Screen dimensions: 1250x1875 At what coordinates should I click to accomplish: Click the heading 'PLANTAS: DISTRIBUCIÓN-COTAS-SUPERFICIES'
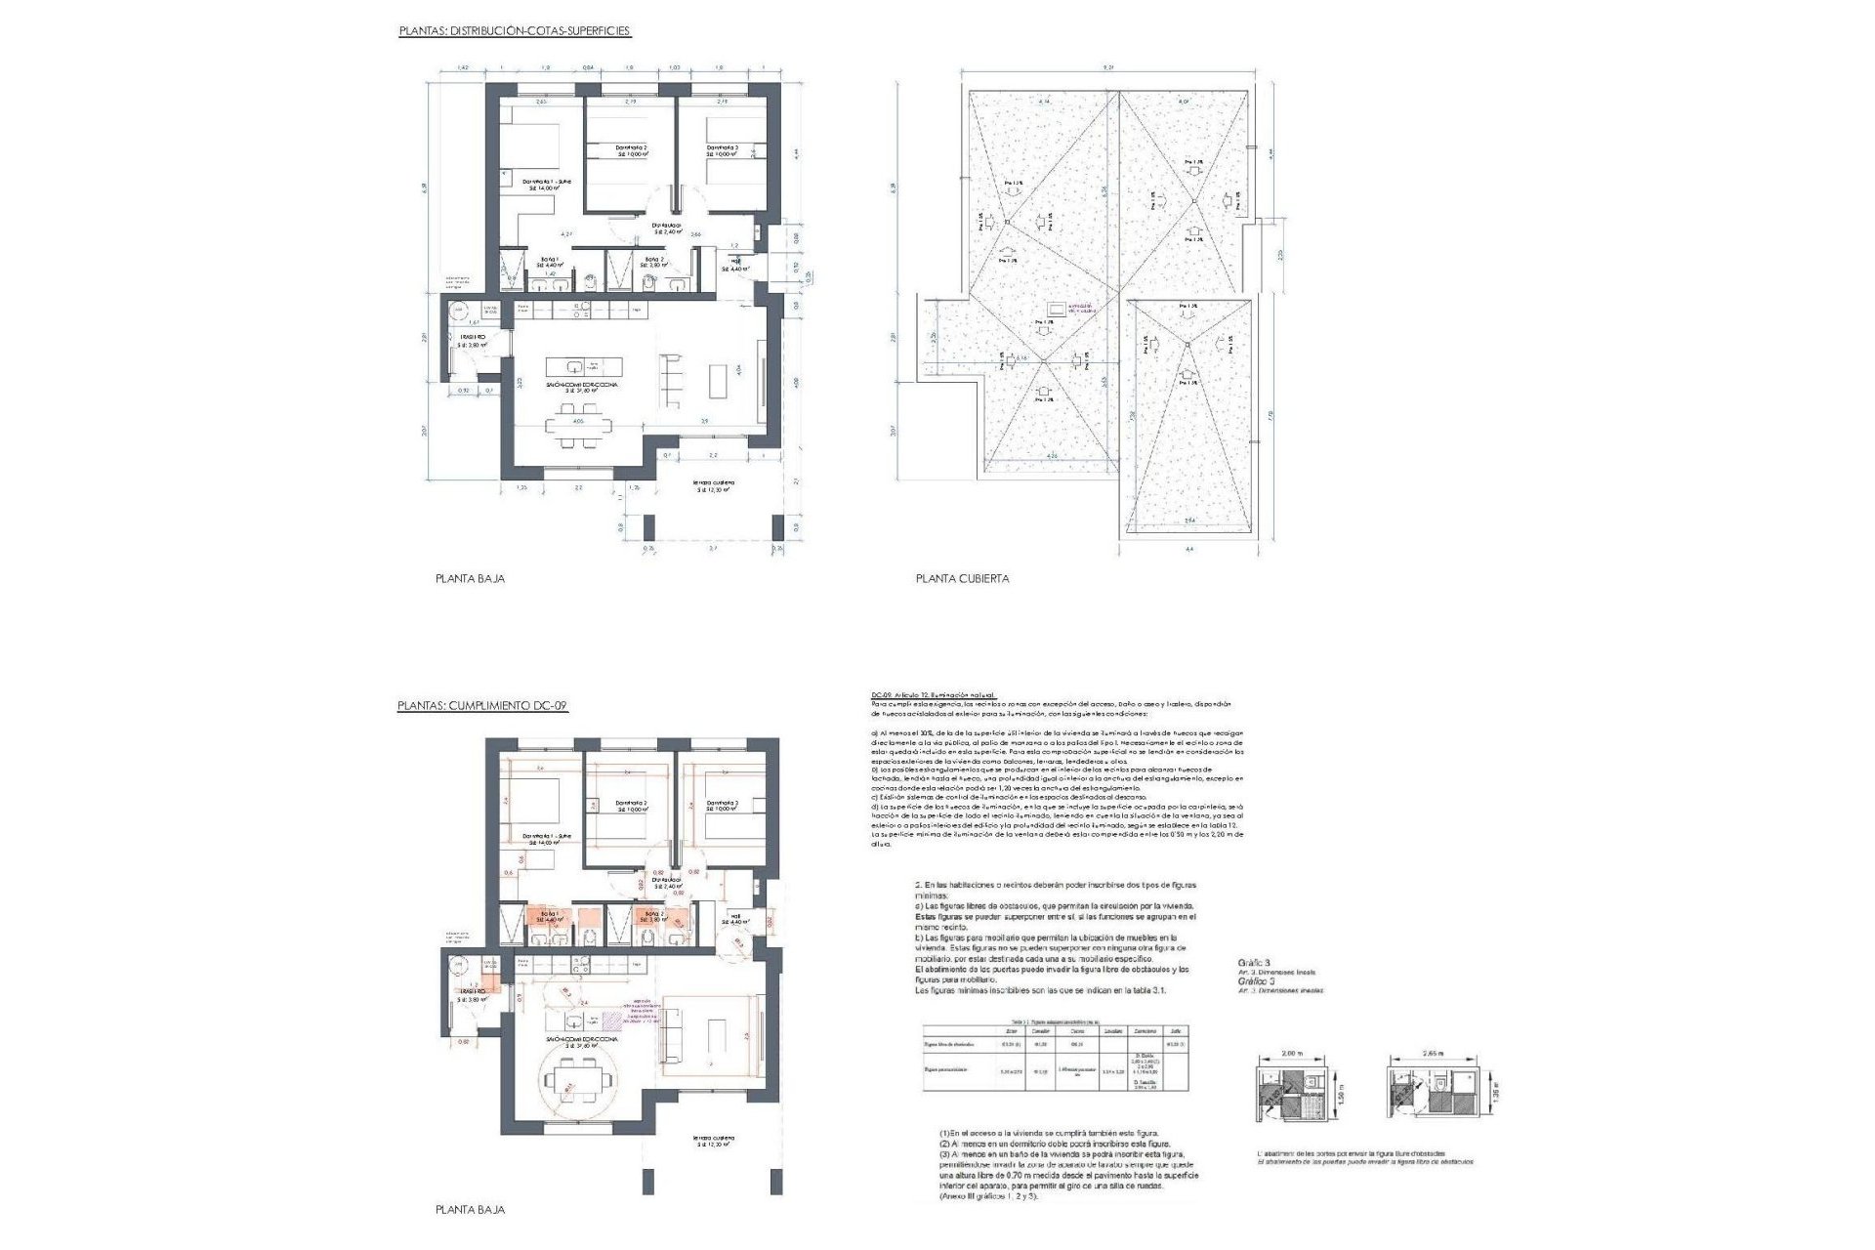[x=515, y=31]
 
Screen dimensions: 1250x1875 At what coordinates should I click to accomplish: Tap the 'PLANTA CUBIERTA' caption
[x=962, y=578]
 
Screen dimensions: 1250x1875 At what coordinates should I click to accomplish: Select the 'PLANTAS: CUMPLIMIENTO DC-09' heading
[x=482, y=705]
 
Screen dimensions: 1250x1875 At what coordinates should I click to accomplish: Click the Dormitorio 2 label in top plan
[x=631, y=148]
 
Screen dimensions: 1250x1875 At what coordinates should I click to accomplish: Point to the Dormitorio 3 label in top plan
[x=723, y=148]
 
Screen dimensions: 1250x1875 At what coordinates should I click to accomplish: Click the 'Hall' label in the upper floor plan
[x=734, y=264]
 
